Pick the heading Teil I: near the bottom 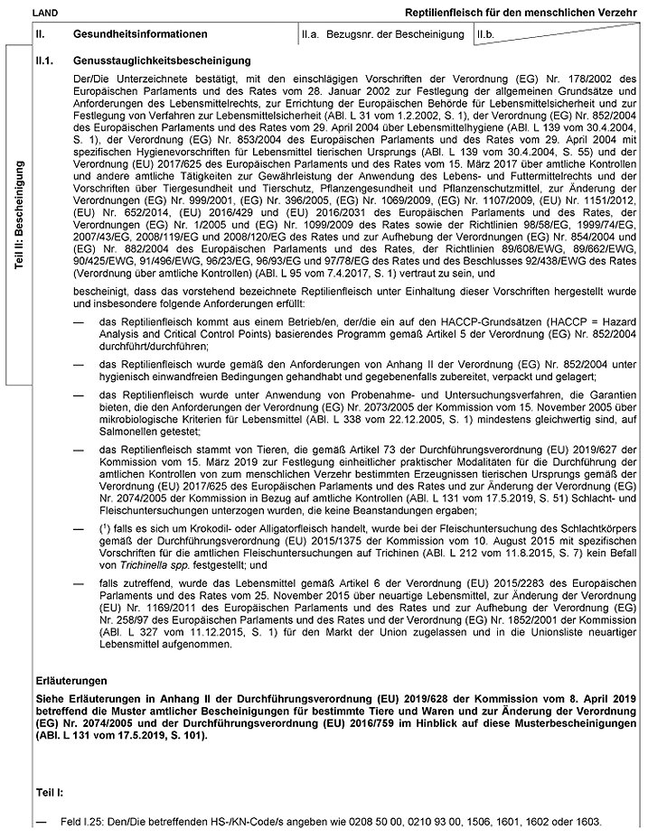[50, 790]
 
